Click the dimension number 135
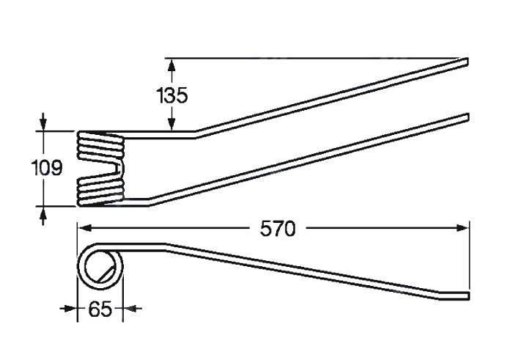(x=172, y=95)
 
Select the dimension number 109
(x=46, y=168)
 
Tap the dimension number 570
(x=278, y=229)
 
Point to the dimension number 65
(x=100, y=309)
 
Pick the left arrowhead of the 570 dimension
(x=84, y=228)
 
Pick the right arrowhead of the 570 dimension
(x=462, y=228)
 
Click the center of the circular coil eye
(x=100, y=266)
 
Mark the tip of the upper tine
(x=467, y=62)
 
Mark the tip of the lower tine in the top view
(x=468, y=117)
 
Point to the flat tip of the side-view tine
(x=468, y=296)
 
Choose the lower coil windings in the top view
(x=100, y=192)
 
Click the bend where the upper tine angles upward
(x=195, y=134)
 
